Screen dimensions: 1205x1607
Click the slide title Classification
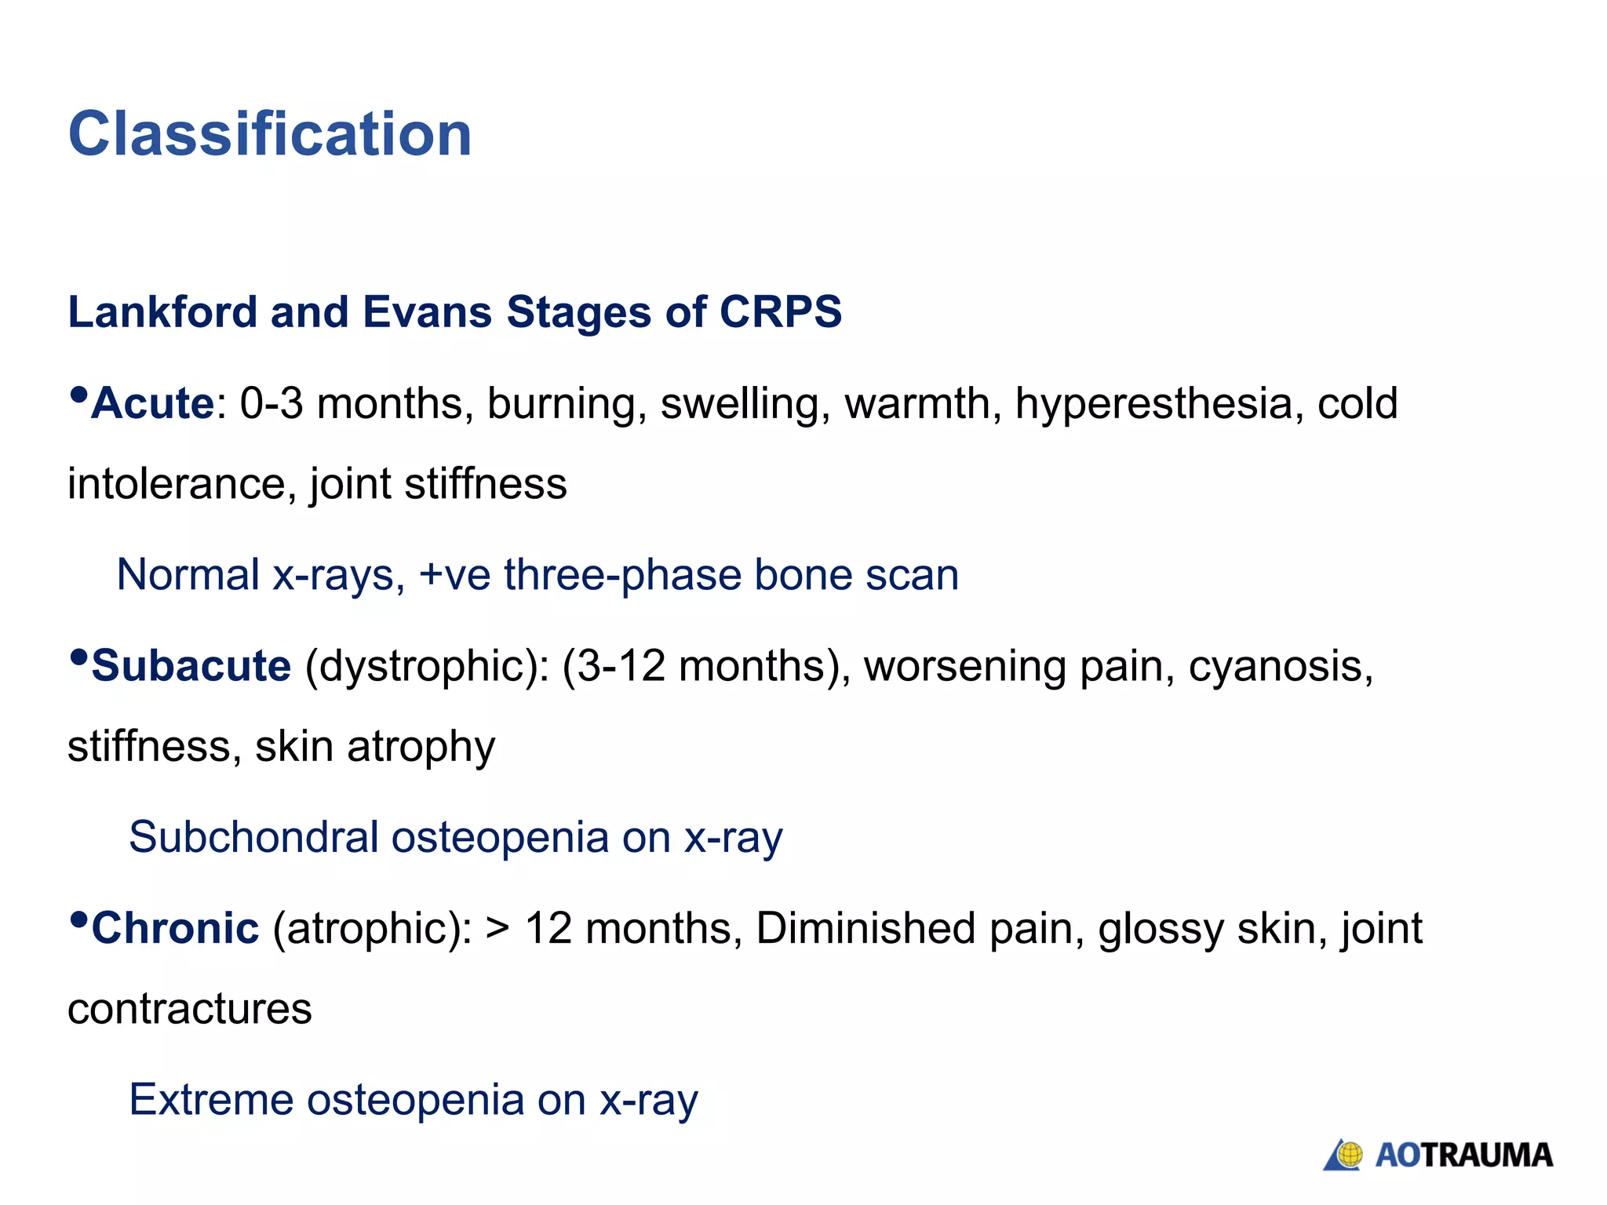click(270, 134)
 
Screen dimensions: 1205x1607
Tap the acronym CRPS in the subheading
click(780, 312)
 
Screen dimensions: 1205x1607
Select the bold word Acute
click(153, 404)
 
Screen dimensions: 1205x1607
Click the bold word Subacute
click(191, 667)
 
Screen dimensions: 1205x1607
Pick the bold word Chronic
click(175, 929)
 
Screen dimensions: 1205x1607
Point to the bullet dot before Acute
click(78, 395)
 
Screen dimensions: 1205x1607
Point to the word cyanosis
click(1281, 667)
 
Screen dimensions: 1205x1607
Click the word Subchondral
click(253, 837)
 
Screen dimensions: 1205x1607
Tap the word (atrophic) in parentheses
click(372, 929)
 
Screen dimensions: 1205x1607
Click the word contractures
click(190, 1009)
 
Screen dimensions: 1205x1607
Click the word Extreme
click(210, 1100)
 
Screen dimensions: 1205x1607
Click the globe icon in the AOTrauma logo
click(1349, 1155)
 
